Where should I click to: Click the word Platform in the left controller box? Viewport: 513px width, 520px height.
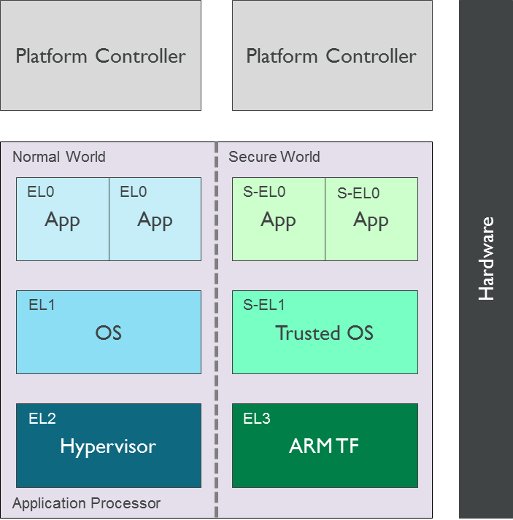pos(46,56)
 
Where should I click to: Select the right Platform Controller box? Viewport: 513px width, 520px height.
pos(331,55)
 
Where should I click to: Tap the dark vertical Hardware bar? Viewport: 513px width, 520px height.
pos(485,259)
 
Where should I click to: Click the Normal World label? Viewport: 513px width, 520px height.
pos(59,157)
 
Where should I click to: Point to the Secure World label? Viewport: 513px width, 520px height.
pos(274,157)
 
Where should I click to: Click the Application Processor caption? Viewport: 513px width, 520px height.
pos(86,503)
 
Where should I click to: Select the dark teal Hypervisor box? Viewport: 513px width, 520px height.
pos(108,446)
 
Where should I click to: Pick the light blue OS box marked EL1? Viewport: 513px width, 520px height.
pos(108,333)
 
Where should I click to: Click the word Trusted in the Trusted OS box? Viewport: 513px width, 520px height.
pos(303,333)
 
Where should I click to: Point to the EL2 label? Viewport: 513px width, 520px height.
pos(42,419)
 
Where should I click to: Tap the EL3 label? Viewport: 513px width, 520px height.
pos(257,419)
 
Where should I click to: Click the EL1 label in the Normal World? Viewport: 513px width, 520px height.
pos(42,306)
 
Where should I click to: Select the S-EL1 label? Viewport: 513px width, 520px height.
pos(264,306)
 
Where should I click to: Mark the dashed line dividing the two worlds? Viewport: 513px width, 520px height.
pos(217,328)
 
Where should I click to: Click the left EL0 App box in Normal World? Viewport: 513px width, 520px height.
pos(63,220)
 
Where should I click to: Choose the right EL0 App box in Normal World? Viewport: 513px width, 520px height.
pos(155,220)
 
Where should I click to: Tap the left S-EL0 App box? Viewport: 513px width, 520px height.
pos(278,220)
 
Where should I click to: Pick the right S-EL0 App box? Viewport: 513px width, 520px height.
pos(371,220)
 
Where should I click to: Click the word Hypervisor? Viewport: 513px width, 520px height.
pos(108,446)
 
